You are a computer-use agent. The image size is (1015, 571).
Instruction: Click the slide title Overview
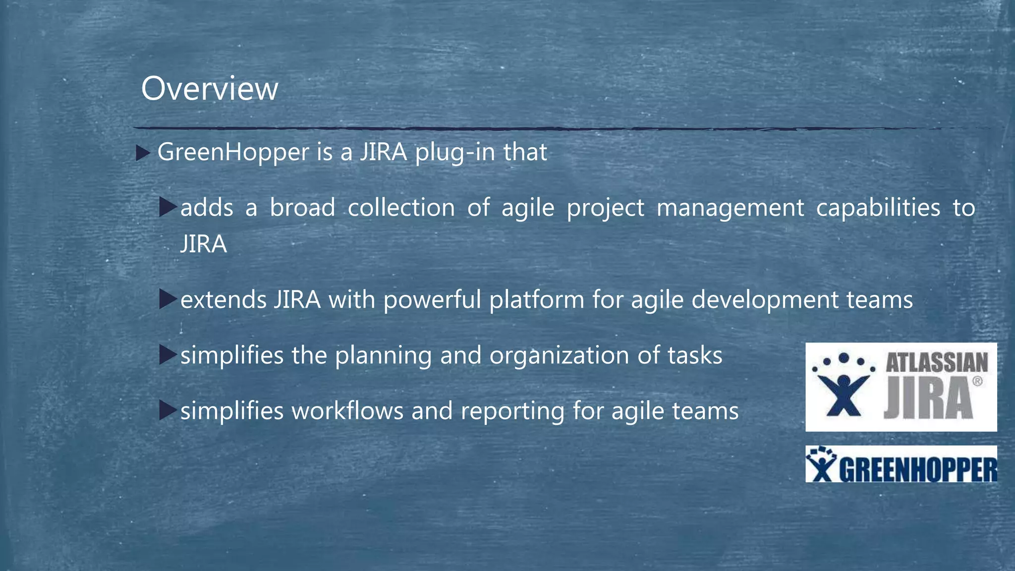click(209, 89)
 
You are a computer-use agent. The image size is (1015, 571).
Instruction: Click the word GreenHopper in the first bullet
click(233, 152)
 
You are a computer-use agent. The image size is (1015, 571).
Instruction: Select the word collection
click(401, 208)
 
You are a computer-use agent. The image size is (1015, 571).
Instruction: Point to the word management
click(730, 208)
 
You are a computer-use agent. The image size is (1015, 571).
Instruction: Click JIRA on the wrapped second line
click(203, 244)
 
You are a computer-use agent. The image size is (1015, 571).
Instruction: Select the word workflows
click(347, 411)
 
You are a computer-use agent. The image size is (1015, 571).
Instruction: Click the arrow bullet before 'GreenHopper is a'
click(143, 153)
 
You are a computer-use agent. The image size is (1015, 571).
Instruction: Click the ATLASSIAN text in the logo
click(936, 363)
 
